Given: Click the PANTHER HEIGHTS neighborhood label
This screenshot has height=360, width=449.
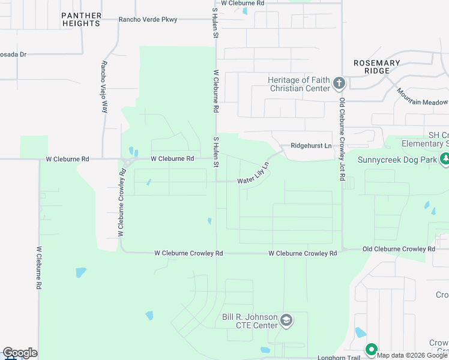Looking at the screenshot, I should [x=81, y=19].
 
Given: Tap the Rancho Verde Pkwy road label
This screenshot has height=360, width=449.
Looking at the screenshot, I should [x=148, y=20].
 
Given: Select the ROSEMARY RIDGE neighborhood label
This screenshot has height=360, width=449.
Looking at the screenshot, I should [x=376, y=67].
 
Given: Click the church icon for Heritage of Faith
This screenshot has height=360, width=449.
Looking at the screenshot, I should [x=339, y=83].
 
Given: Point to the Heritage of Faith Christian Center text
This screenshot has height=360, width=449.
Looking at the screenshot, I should [x=300, y=84].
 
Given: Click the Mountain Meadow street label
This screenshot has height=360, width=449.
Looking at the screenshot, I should [x=423, y=97].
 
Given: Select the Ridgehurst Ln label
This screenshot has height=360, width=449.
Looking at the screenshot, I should [x=311, y=146].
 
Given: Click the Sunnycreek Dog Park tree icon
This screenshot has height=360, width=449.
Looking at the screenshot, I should [x=445, y=160].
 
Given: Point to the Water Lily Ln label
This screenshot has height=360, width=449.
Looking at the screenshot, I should [x=252, y=174].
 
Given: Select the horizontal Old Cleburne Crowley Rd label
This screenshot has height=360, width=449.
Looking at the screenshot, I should [x=399, y=249].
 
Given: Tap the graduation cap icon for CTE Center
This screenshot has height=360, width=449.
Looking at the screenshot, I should [x=286, y=320].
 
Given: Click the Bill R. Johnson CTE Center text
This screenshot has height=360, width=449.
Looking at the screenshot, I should [x=250, y=321].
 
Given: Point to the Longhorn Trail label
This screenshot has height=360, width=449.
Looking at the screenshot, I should [x=340, y=358].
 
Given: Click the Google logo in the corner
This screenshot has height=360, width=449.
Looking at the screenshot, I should [x=20, y=353].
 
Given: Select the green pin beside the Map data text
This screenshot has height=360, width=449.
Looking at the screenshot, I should [x=371, y=349].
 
